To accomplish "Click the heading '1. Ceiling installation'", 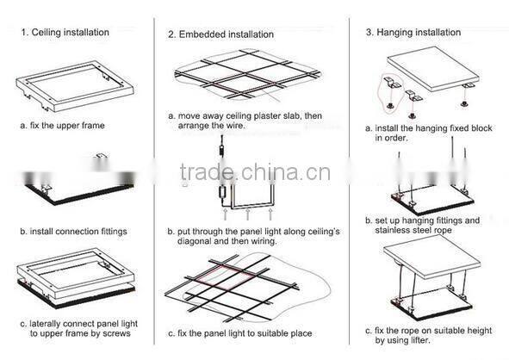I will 65,33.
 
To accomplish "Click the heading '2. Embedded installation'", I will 220,34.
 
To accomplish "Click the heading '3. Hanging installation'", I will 413,33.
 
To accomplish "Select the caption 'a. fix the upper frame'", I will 64,126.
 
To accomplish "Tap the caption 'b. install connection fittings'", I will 74,232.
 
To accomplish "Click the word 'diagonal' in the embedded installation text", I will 192,242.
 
